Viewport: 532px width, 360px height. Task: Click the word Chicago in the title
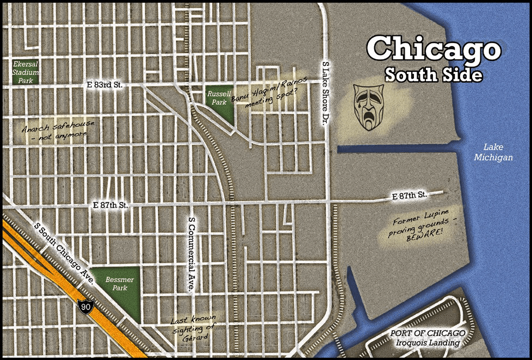(x=433, y=48)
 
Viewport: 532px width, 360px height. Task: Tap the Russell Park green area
(x=220, y=103)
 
